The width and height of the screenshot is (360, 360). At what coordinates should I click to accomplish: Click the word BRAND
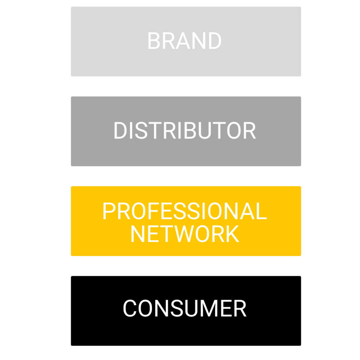[184, 41]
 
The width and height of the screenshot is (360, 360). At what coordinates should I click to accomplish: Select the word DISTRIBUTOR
[184, 131]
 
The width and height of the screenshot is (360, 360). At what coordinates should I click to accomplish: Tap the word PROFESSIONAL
[184, 211]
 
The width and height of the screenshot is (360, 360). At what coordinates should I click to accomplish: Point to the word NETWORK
[184, 234]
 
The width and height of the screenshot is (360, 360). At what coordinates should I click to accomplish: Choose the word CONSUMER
[184, 308]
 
